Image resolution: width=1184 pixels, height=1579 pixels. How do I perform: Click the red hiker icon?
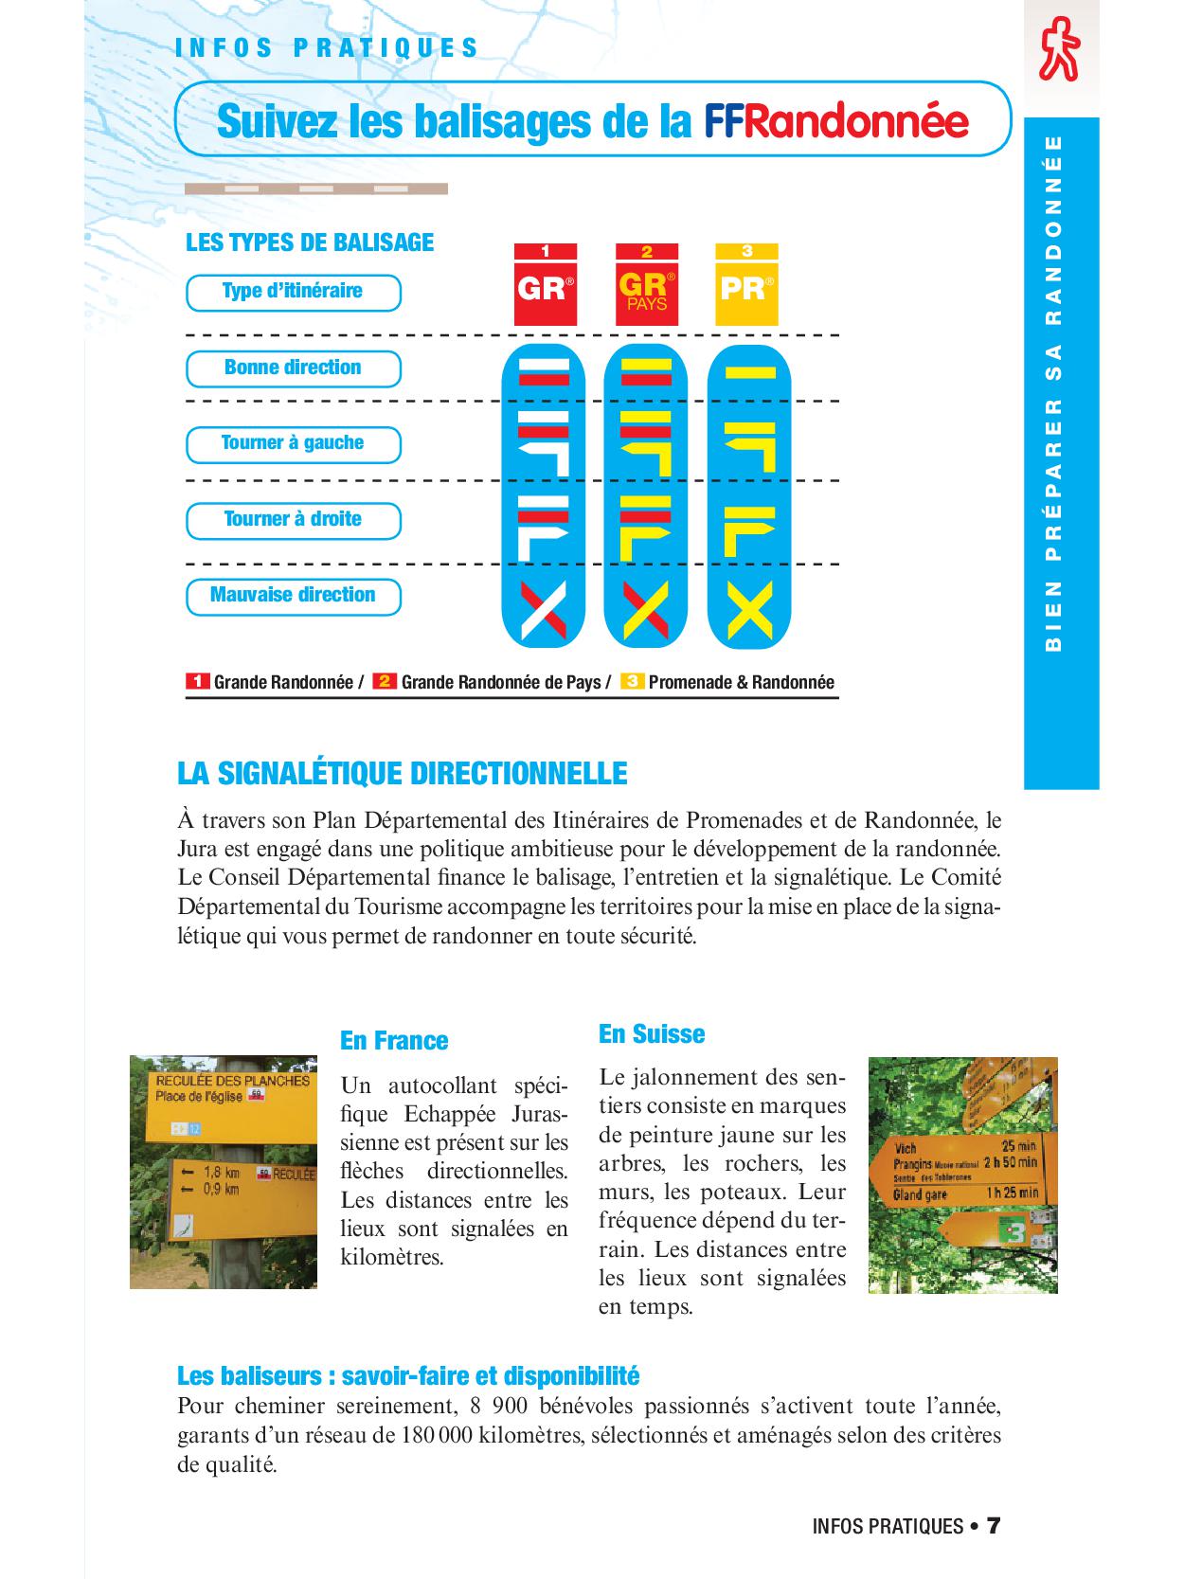[1059, 48]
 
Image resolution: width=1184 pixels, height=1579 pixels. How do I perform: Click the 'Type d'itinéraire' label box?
[293, 292]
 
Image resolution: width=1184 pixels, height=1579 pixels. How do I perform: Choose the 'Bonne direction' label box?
[293, 368]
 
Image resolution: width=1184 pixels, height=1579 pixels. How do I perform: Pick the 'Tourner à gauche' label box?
[293, 443]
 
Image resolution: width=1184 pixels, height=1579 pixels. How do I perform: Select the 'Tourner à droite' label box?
[293, 519]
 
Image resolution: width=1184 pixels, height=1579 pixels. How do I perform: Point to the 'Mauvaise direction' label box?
[293, 596]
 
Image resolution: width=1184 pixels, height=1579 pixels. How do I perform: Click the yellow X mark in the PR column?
[749, 609]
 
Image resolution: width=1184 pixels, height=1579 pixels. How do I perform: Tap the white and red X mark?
[544, 609]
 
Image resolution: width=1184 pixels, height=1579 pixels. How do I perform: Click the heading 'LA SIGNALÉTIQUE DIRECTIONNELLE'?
[402, 774]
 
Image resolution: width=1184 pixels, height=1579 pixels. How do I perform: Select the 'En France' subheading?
[393, 1040]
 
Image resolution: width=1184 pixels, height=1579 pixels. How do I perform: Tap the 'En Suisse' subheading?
[652, 1033]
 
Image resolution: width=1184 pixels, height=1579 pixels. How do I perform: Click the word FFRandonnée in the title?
[835, 121]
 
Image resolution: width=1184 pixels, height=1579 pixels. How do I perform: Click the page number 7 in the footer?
[993, 1525]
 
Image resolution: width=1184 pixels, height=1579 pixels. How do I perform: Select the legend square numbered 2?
[385, 682]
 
